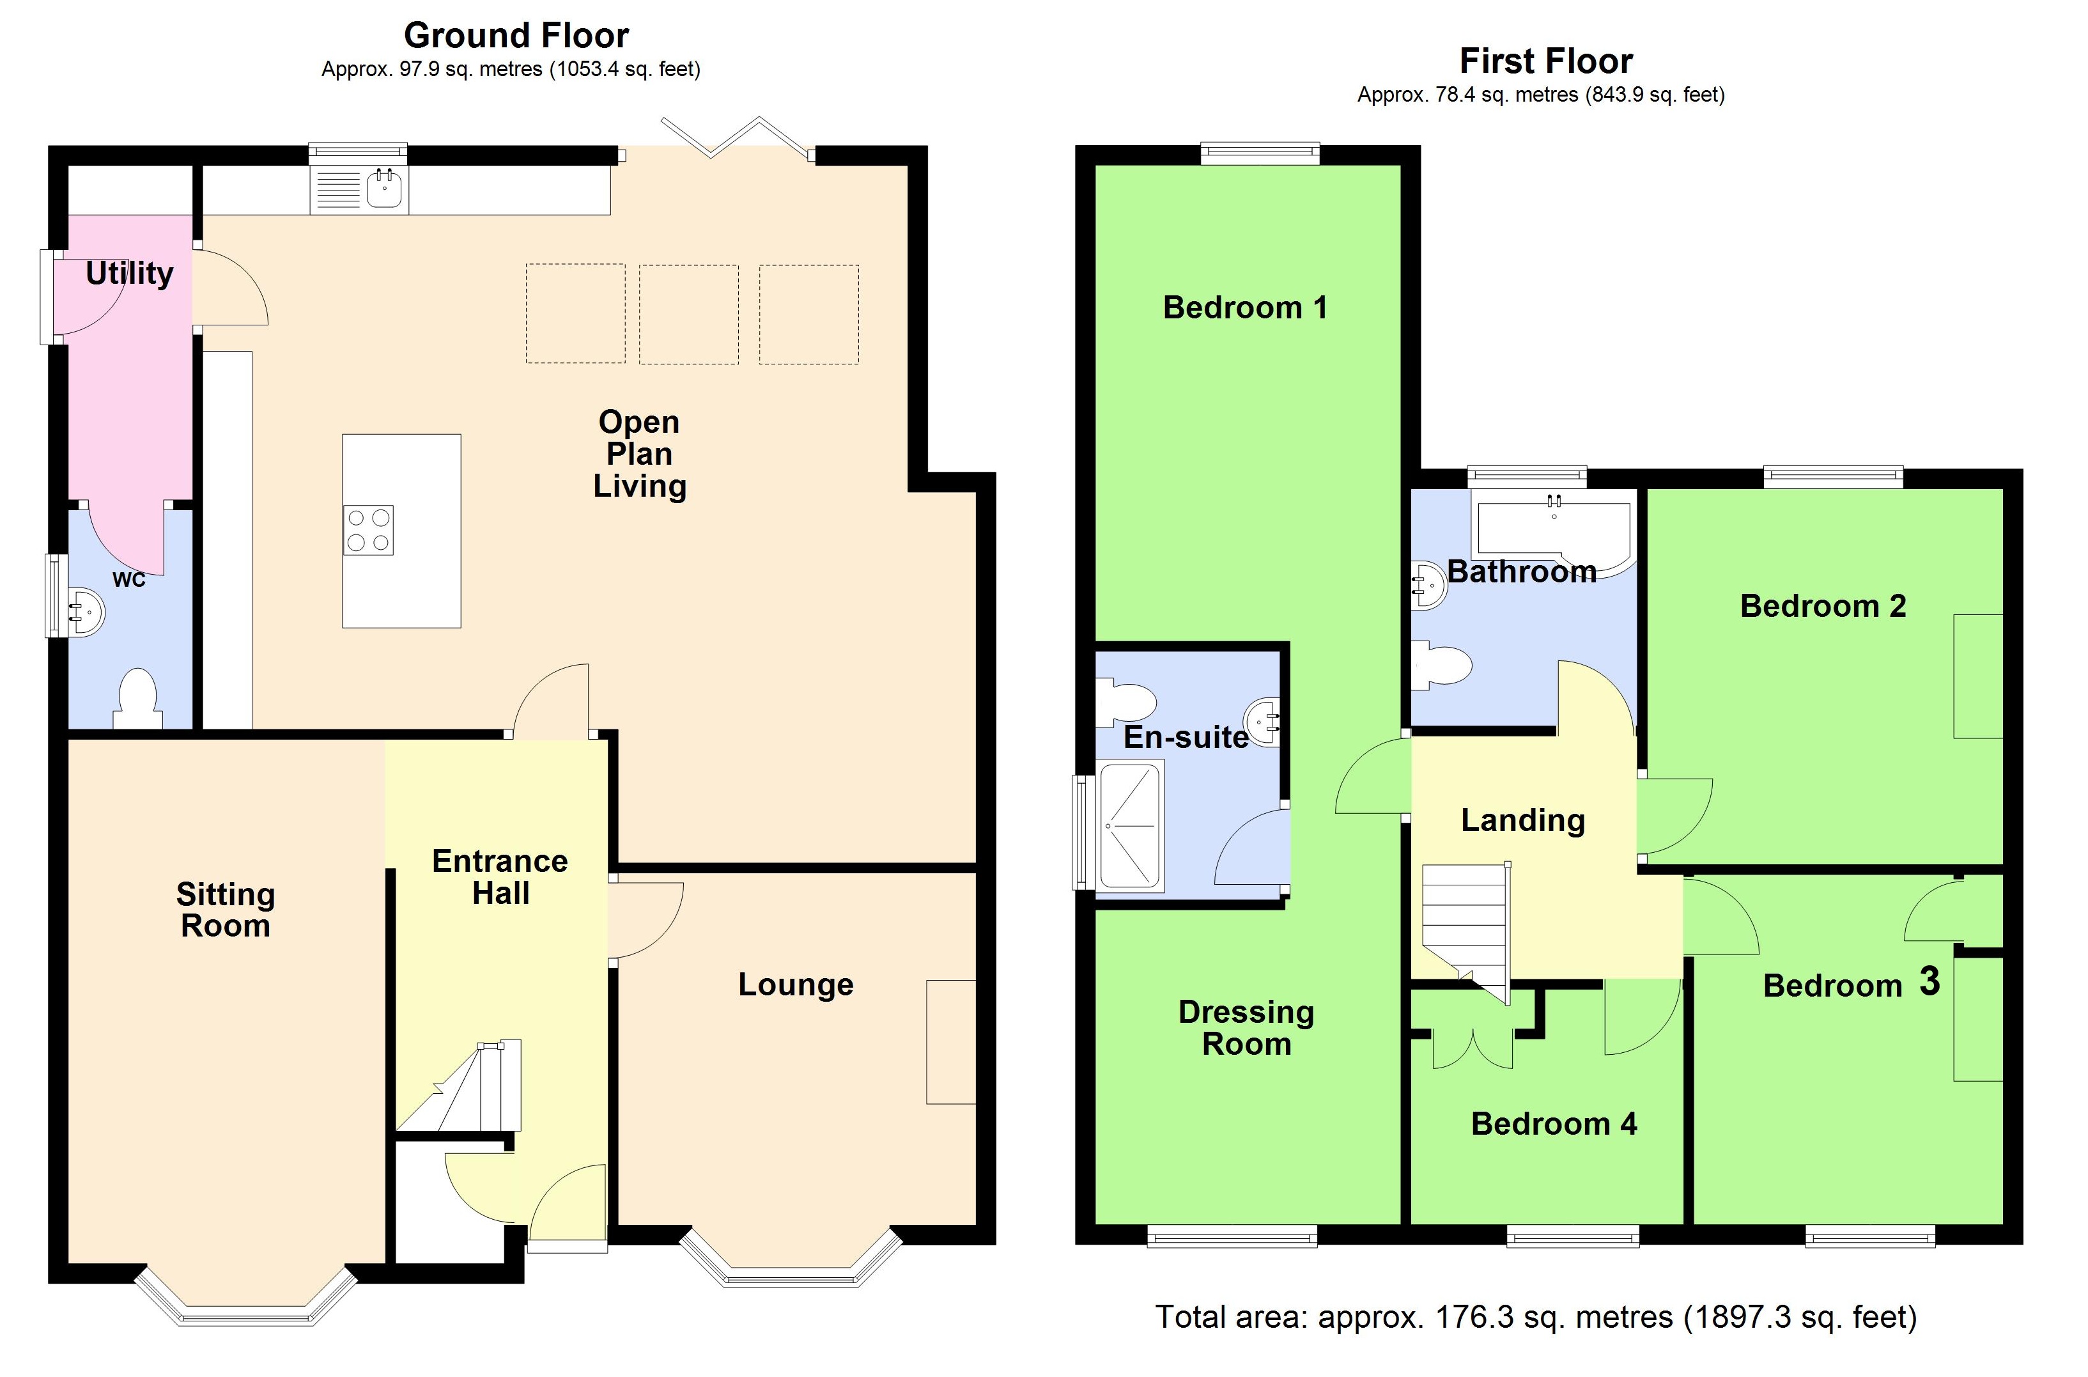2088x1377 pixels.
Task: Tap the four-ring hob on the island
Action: [x=369, y=531]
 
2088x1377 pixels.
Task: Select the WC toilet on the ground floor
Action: [x=138, y=700]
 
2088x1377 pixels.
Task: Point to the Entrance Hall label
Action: [x=500, y=877]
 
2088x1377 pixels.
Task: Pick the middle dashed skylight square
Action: [x=688, y=315]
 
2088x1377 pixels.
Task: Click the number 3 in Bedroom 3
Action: [x=1929, y=982]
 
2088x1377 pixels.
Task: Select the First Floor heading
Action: [x=1545, y=61]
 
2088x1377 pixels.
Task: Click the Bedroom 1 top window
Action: [x=1260, y=153]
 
